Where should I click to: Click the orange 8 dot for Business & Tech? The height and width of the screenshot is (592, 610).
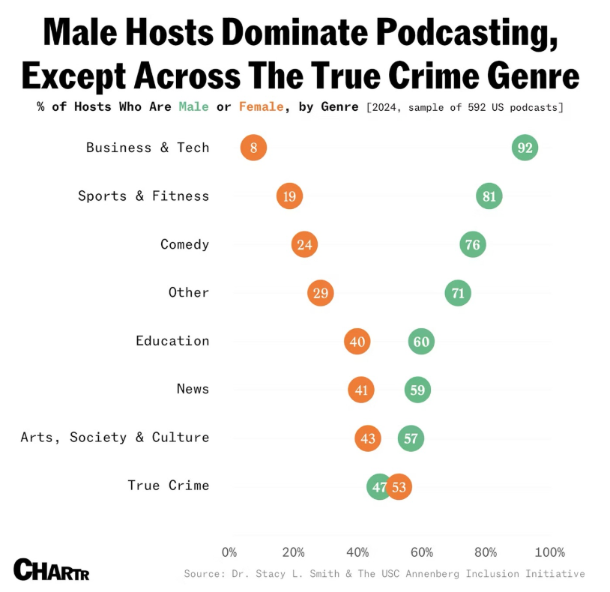(253, 148)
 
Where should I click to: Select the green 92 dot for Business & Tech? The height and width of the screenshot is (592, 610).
(525, 148)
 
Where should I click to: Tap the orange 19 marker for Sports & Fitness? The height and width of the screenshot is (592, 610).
(289, 196)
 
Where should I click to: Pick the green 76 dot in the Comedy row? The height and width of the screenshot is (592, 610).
(472, 244)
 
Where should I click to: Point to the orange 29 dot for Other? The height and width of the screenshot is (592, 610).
(320, 293)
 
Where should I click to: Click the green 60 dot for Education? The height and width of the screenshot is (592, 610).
(421, 342)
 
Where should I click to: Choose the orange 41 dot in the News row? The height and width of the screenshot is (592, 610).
(360, 390)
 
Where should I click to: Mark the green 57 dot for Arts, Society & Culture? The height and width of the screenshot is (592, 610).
(411, 438)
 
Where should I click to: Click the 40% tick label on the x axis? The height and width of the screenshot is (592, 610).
(357, 552)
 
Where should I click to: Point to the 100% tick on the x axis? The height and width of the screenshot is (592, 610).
(549, 552)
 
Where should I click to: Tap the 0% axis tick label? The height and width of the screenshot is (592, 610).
(229, 552)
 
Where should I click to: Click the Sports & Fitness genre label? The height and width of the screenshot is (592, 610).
(143, 196)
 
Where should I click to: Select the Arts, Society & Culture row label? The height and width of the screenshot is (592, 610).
(115, 438)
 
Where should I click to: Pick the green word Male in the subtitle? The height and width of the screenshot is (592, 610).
(193, 107)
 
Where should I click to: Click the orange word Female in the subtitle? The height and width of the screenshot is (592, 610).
(261, 107)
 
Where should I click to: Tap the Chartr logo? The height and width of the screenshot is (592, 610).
(51, 570)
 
